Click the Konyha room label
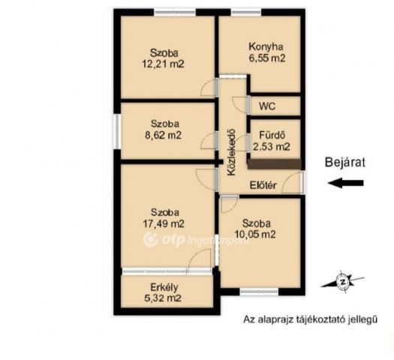pos(266,47)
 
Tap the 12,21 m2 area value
pos(164,64)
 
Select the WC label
pos(267,106)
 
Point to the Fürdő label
pos(272,135)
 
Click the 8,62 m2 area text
pos(164,136)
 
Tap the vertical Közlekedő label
pos(231,152)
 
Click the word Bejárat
pos(344,162)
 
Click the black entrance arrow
pos(346,183)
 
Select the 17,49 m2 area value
pos(164,223)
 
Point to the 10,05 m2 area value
pos(255,234)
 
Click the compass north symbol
pos(342,282)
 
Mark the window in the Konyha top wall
pos(246,12)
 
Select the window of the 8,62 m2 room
pos(116,132)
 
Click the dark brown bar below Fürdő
pos(274,163)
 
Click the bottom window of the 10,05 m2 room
pos(259,291)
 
